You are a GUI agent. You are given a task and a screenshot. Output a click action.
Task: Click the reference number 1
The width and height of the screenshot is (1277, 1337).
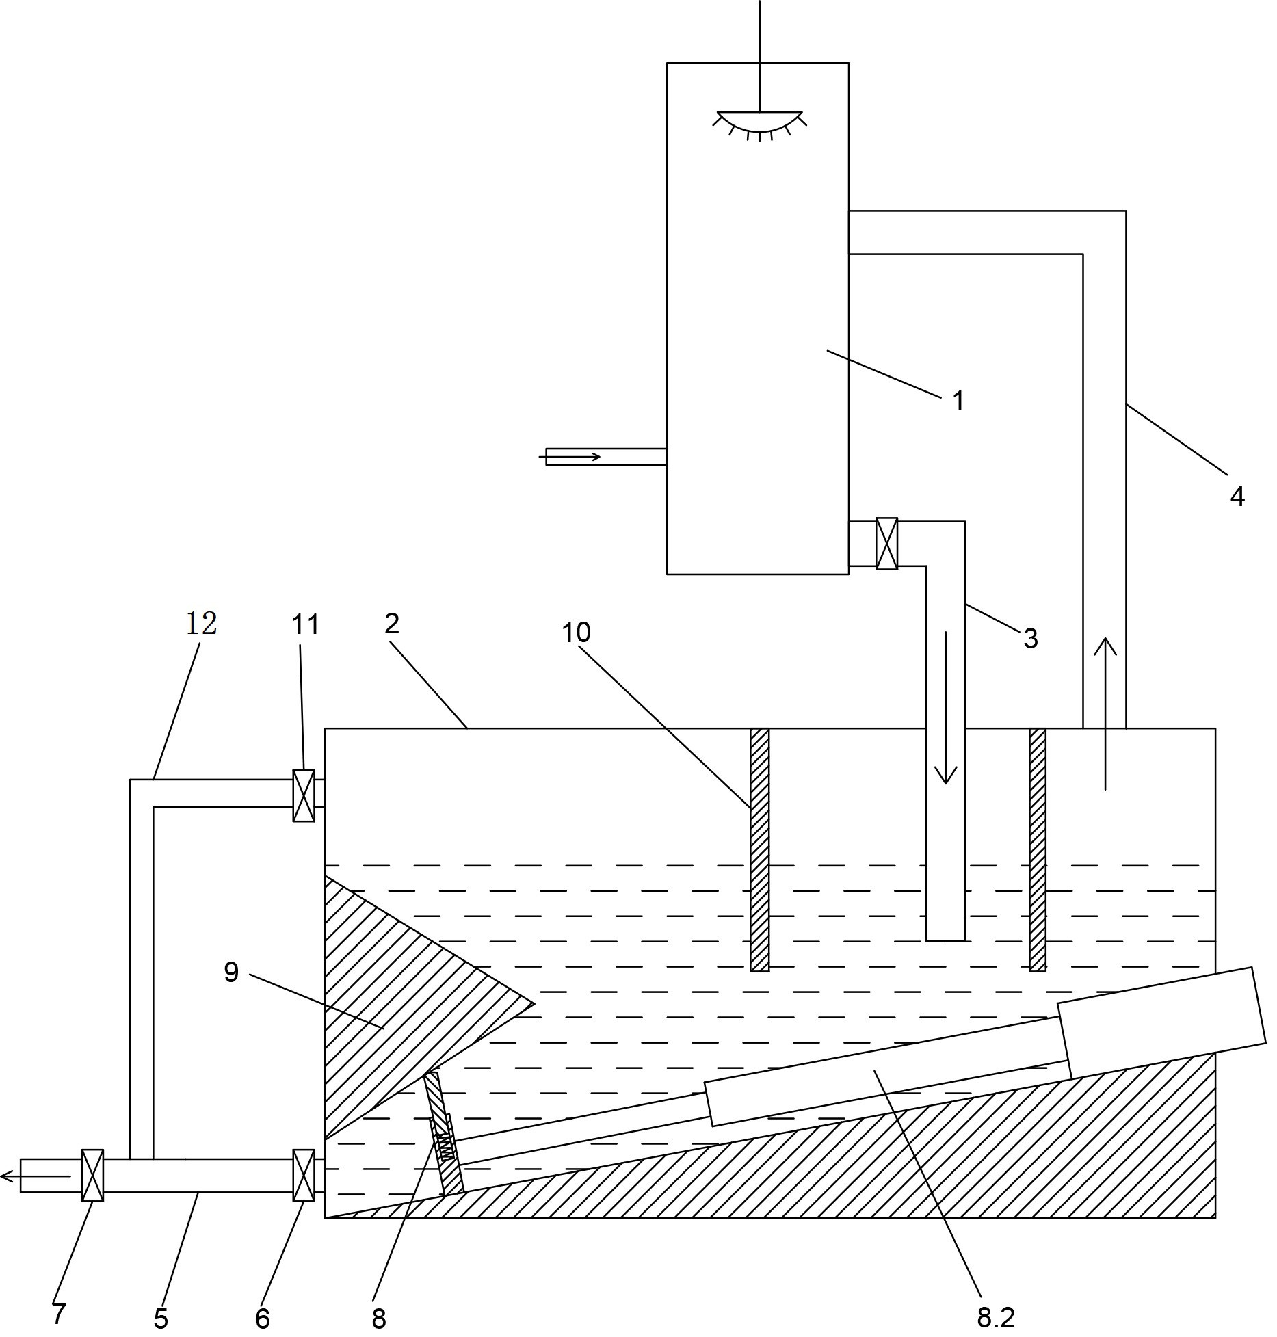(958, 401)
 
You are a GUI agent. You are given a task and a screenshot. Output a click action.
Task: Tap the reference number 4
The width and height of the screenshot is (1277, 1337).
(1237, 497)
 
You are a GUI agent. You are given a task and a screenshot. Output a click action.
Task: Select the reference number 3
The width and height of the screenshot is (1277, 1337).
(1030, 639)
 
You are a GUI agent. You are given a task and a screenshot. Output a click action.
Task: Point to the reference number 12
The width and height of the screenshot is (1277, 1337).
(202, 622)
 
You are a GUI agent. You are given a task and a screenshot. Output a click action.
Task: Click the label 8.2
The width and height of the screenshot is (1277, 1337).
(995, 1316)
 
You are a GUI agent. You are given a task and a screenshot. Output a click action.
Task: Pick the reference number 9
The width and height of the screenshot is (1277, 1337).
(231, 972)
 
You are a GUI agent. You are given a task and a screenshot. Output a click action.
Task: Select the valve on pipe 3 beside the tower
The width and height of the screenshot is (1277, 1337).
(886, 544)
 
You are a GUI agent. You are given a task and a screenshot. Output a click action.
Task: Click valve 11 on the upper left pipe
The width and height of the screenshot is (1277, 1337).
(304, 795)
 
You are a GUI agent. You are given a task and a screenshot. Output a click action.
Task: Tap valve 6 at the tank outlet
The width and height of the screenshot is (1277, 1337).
(304, 1175)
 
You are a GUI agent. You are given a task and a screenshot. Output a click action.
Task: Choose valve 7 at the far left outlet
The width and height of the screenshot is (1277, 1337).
(92, 1175)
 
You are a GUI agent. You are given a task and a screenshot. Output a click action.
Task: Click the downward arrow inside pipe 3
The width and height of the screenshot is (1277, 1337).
(946, 708)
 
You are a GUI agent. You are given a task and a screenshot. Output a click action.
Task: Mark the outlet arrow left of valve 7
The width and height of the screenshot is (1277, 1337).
(34, 1176)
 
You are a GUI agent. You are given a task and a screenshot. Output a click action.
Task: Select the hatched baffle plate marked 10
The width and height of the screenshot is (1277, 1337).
(759, 849)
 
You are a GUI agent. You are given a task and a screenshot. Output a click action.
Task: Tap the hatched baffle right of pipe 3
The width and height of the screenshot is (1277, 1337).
(1038, 849)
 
